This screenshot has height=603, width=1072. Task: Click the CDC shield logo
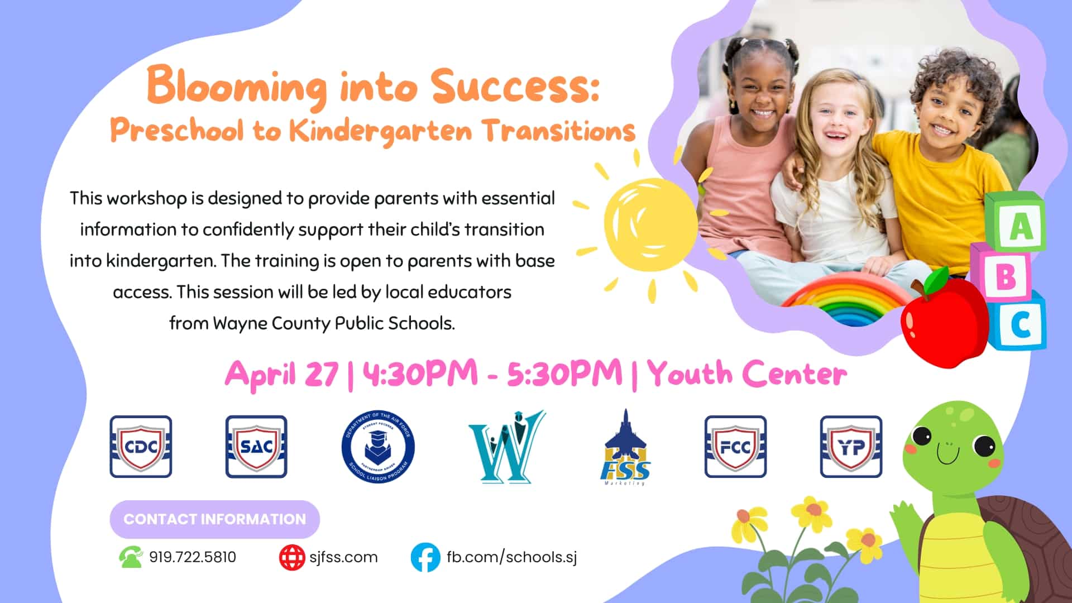click(141, 447)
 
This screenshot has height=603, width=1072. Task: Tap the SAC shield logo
click(256, 447)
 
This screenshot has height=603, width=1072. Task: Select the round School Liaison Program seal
click(378, 447)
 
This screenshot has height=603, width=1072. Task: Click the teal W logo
click(506, 447)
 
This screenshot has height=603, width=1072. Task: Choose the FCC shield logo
click(735, 447)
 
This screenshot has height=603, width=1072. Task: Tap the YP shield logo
click(851, 447)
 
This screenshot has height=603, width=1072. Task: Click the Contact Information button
click(215, 519)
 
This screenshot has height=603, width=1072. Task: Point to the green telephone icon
click(131, 557)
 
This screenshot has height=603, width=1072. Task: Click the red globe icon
click(293, 557)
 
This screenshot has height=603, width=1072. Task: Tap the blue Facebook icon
click(425, 557)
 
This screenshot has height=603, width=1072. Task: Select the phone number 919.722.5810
click(193, 557)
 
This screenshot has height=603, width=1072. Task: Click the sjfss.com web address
click(343, 557)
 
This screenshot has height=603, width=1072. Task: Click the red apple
click(939, 318)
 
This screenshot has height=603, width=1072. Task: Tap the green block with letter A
click(1014, 222)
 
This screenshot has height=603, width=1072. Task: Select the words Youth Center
click(747, 373)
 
